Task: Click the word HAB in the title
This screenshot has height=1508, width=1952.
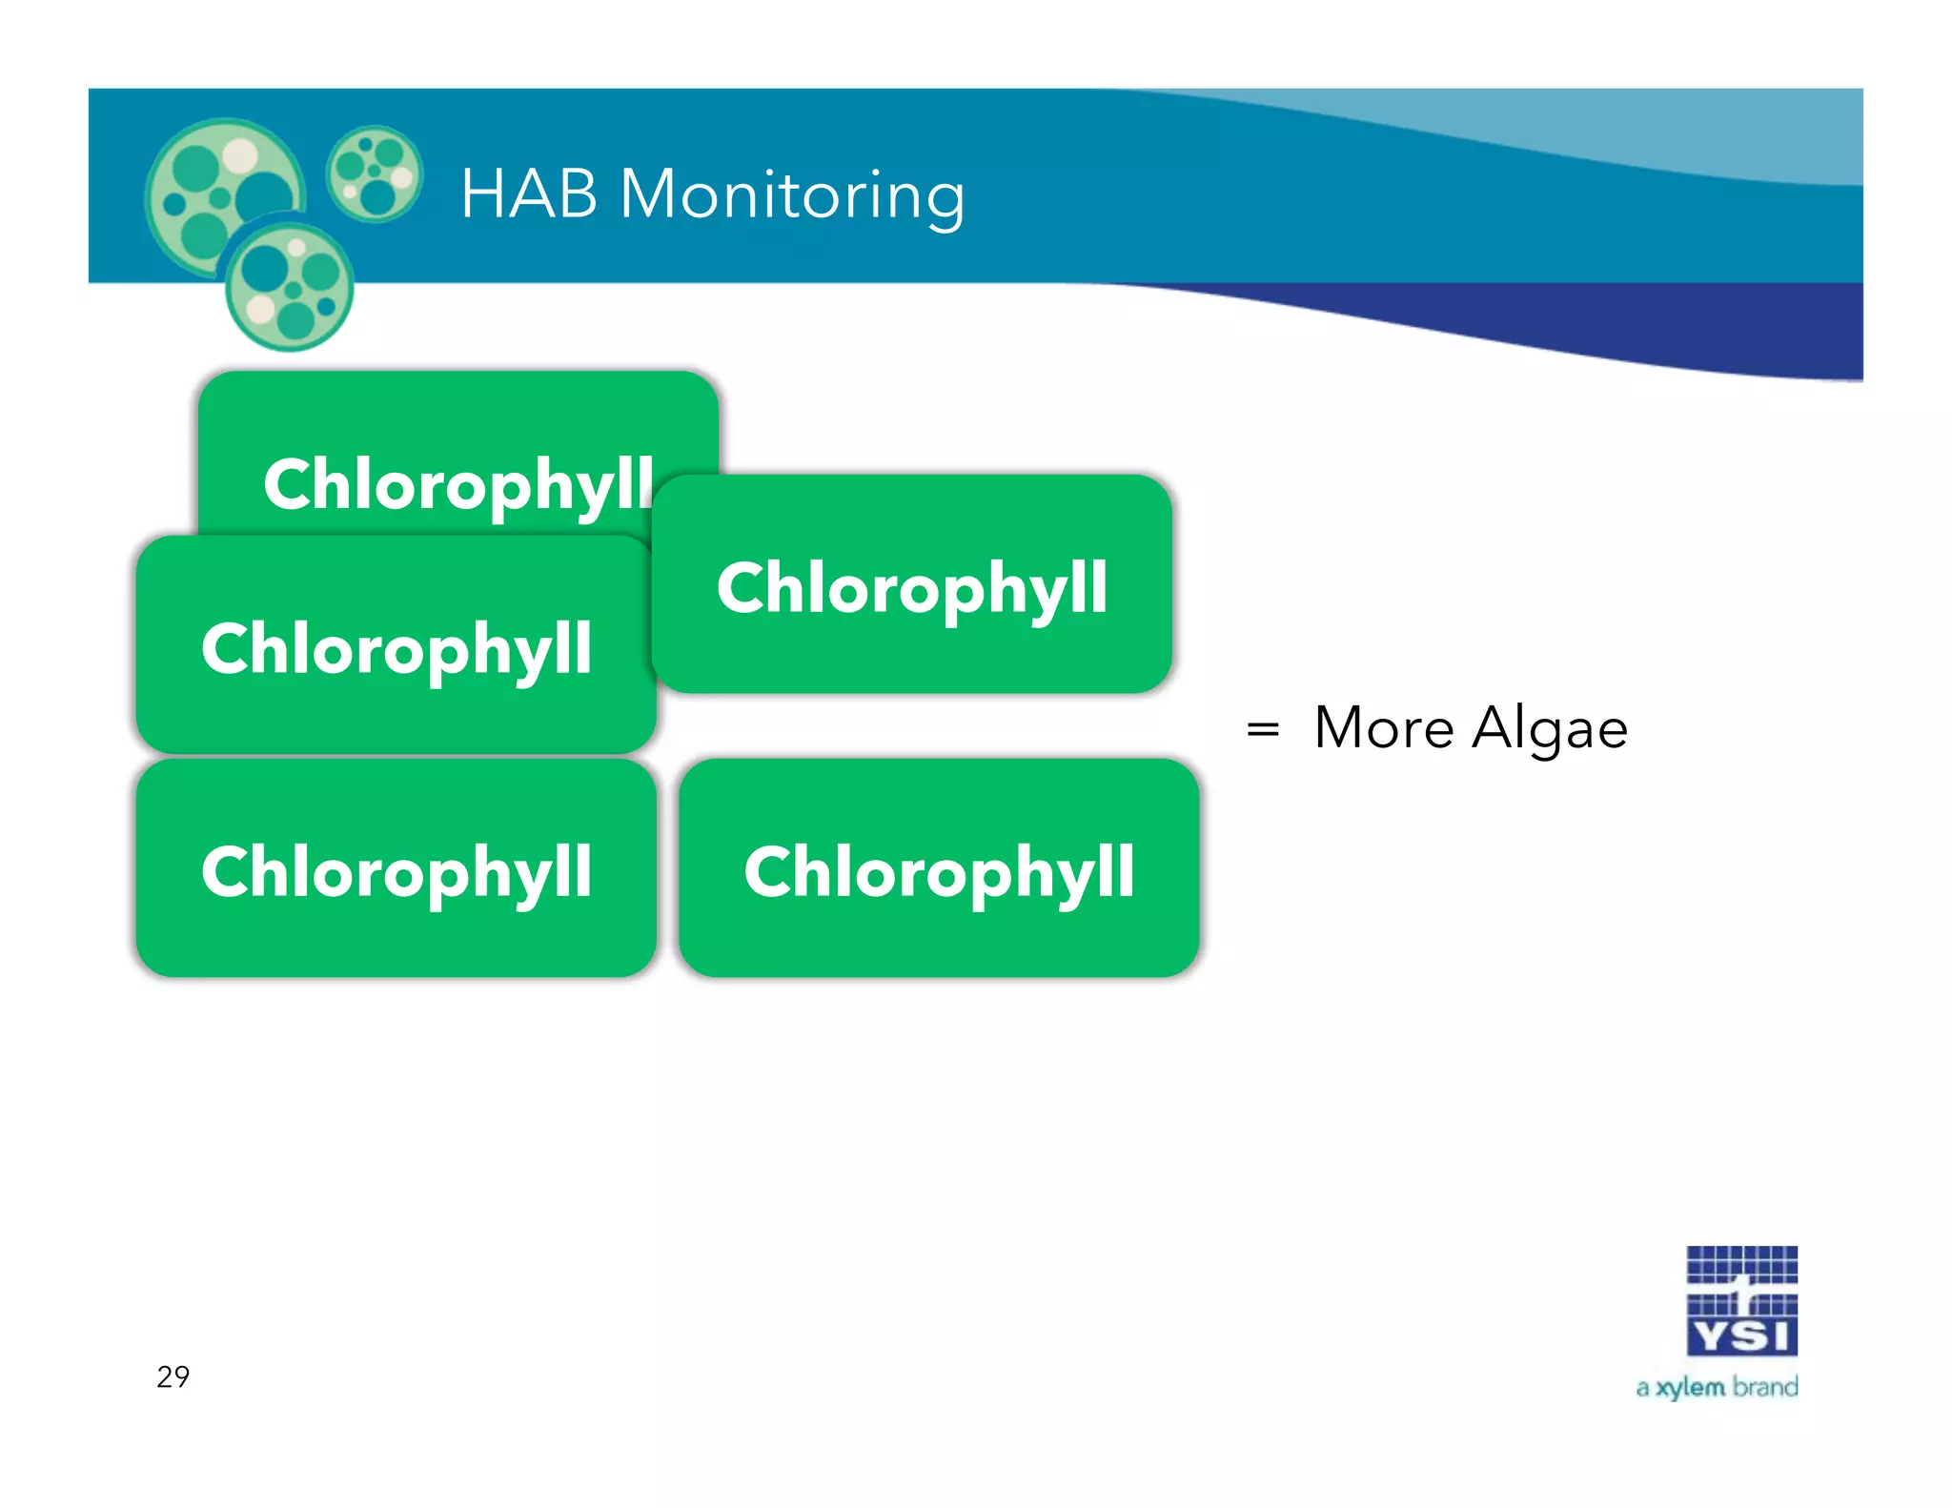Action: tap(529, 194)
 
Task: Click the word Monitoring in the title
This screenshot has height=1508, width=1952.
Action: tap(793, 196)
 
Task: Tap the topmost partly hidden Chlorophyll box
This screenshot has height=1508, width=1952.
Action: tap(457, 448)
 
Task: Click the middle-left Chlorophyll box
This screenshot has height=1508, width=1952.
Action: tap(396, 646)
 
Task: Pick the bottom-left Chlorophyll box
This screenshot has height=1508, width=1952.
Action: tap(396, 869)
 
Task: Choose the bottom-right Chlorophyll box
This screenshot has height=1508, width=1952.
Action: tap(939, 869)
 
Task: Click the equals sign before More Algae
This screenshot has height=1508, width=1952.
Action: tap(1263, 730)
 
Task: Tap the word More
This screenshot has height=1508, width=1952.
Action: tap(1384, 728)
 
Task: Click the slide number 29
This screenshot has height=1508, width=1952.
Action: tap(173, 1376)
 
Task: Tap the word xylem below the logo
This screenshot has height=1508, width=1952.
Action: tap(1691, 1388)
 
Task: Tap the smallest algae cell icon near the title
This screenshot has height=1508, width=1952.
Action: tap(374, 173)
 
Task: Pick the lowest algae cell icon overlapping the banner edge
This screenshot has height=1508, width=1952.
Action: tap(290, 286)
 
